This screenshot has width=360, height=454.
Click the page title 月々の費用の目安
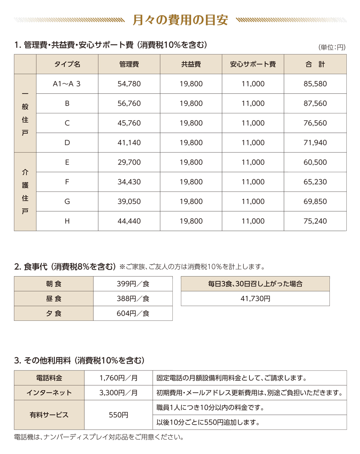[180, 20]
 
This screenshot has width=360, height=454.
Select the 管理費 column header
[129, 64]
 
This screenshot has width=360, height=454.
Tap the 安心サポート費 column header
[253, 64]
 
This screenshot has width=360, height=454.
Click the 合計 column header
[315, 64]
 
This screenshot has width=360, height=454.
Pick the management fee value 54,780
[129, 84]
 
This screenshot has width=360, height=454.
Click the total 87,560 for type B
[315, 104]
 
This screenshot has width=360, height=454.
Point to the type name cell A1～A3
[67, 84]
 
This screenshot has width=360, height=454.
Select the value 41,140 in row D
[129, 143]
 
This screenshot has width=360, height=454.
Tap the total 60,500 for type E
[315, 162]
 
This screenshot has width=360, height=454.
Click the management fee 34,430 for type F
[129, 182]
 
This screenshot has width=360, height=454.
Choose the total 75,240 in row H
[315, 221]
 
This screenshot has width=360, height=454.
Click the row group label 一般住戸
[25, 113]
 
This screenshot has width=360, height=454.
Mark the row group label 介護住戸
[25, 192]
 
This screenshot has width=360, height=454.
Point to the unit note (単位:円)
[332, 47]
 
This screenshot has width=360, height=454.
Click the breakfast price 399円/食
[133, 284]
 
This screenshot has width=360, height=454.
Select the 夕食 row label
[54, 314]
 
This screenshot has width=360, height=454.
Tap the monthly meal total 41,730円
[255, 299]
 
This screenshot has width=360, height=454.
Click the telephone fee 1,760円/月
[118, 378]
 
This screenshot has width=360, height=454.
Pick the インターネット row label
[49, 393]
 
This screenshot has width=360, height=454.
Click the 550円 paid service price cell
[118, 415]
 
